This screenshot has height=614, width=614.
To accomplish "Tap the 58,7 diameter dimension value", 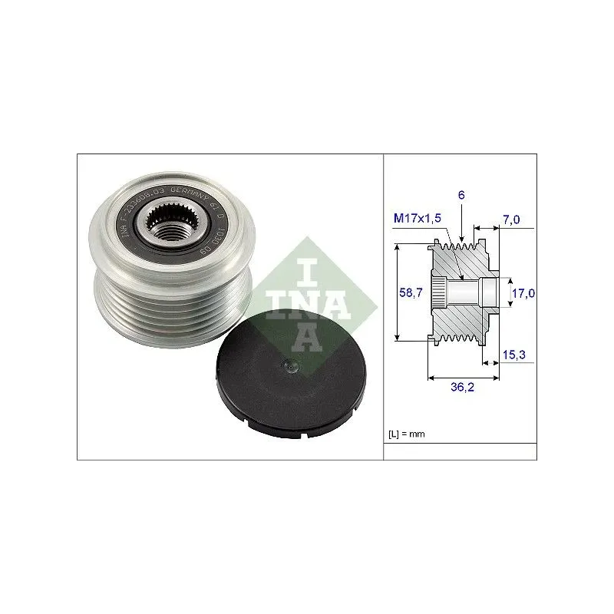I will point(414,292).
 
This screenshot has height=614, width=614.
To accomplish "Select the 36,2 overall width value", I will point(461,388).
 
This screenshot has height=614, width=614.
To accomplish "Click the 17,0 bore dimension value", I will point(523,292).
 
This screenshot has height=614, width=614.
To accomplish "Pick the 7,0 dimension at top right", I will point(510,220).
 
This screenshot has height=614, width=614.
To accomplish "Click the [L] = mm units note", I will point(407,434).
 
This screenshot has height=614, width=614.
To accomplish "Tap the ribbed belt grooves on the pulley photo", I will point(153,307).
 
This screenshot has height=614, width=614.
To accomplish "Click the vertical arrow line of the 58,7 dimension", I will point(397,292).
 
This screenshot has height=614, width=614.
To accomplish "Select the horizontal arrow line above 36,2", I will point(462,378).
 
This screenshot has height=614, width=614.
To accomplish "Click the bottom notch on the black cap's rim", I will point(305,439).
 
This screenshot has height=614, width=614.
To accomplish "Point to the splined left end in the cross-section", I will point(437,292).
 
